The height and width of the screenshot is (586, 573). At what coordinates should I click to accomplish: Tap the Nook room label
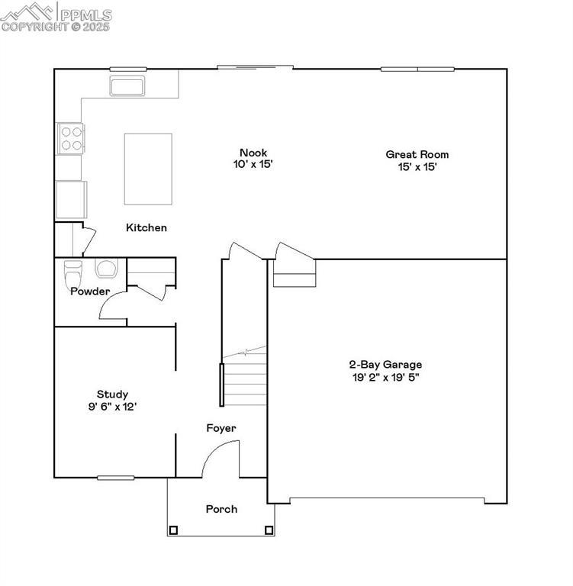(x=253, y=152)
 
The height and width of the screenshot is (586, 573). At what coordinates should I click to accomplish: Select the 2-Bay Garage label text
(x=385, y=365)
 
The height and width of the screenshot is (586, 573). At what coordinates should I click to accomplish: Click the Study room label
(x=112, y=394)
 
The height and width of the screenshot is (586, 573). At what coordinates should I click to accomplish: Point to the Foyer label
(x=221, y=428)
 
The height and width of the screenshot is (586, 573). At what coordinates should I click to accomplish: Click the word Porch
(x=221, y=509)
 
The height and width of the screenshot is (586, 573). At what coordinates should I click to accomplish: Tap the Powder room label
(x=90, y=291)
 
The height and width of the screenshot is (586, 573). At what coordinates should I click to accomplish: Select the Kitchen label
(x=146, y=227)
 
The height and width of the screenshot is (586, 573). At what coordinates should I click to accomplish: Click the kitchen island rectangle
(x=148, y=169)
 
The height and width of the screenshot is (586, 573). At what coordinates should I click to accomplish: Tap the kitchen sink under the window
(x=128, y=85)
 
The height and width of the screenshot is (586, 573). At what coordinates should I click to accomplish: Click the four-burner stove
(x=71, y=138)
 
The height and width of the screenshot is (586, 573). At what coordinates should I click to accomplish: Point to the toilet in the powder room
(x=73, y=272)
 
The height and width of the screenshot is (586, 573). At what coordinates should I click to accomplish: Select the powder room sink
(x=106, y=268)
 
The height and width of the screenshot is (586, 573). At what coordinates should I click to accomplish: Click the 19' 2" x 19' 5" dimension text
(x=385, y=376)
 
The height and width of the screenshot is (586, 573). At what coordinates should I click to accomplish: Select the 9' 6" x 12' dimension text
(x=112, y=407)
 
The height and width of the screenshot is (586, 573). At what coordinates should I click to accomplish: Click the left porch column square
(x=173, y=530)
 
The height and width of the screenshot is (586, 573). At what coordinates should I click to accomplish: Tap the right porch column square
(x=269, y=530)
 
